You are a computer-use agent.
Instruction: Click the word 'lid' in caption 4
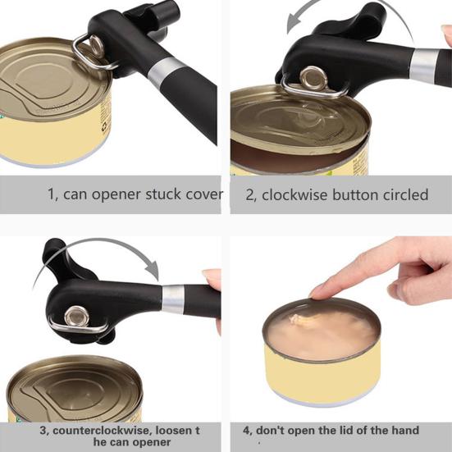(345, 431)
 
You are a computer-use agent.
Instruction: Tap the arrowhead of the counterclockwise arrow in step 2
(294, 24)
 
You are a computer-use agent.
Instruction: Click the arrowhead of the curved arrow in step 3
(152, 271)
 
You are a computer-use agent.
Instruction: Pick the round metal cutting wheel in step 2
(313, 78)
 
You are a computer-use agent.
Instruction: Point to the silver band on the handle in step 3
(173, 299)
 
